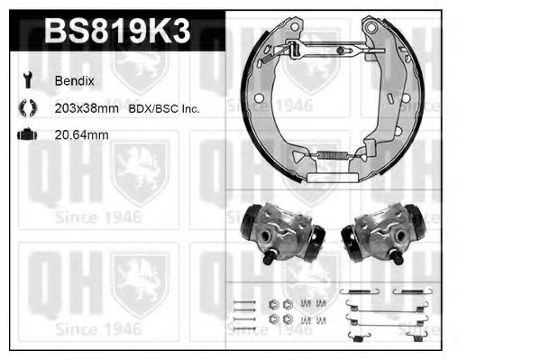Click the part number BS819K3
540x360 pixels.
tap(116, 33)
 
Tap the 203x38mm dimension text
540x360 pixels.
tap(85, 108)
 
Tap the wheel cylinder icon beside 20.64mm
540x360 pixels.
tap(26, 134)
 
